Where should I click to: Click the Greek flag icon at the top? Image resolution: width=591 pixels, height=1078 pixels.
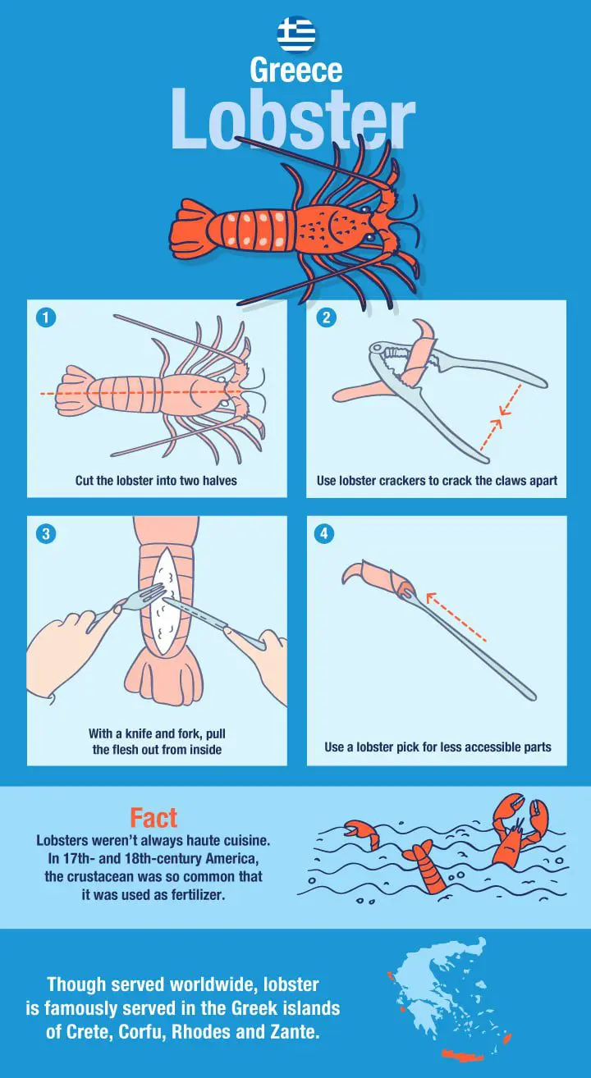(295, 33)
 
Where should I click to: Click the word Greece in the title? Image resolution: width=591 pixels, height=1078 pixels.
(295, 71)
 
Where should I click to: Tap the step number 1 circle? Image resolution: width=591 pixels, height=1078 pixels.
(46, 317)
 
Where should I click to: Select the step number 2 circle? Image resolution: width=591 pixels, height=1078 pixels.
(326, 317)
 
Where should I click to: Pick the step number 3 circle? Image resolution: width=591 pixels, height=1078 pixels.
(46, 534)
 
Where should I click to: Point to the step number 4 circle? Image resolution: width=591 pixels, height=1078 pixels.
(323, 534)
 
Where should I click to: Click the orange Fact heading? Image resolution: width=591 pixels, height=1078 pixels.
(153, 818)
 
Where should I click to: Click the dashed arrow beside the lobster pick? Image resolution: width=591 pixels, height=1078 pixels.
(456, 617)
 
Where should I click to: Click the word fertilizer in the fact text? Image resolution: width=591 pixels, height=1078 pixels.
(198, 895)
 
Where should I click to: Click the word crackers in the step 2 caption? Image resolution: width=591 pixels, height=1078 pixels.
(396, 480)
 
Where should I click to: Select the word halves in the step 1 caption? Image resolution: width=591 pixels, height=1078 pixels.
(220, 480)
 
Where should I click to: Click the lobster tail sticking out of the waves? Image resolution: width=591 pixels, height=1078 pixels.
(425, 868)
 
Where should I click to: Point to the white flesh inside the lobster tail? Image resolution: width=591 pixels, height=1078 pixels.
(165, 601)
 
